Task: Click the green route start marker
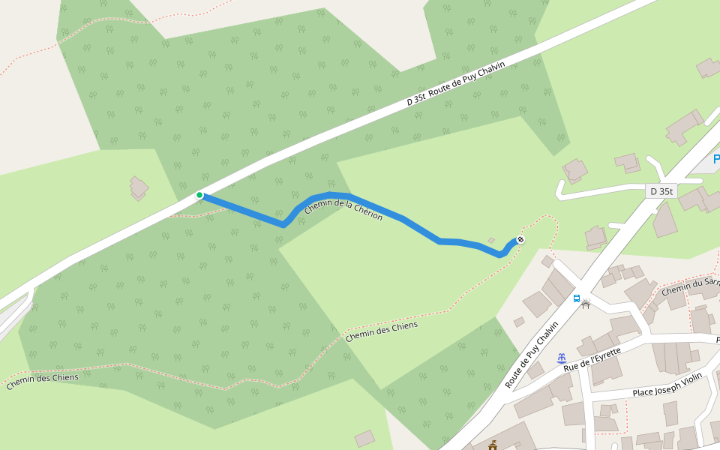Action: pos(199,195)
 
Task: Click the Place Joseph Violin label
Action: pos(667,391)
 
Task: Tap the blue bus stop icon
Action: pos(576,298)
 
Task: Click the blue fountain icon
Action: pos(560,358)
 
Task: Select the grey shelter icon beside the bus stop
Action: pos(586,304)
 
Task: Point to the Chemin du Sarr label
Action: pos(690,286)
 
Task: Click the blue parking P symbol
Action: pos(715,159)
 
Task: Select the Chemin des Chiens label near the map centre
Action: pos(381,331)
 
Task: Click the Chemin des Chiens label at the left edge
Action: pos(42,382)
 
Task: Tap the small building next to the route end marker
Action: pos(491,241)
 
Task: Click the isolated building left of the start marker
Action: pos(139,187)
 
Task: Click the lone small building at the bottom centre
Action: pos(364,438)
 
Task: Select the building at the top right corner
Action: pos(708,67)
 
